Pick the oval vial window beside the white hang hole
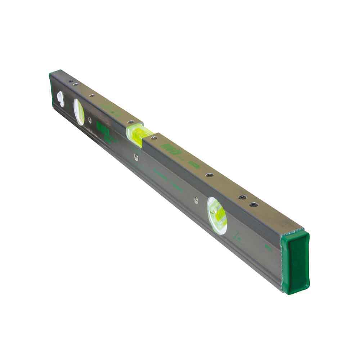tap(79, 112)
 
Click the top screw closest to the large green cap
tap(254, 204)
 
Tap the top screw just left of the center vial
tap(130, 122)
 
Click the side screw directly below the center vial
tap(136, 156)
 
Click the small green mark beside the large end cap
tap(267, 248)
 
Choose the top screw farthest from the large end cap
tap(71, 81)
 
